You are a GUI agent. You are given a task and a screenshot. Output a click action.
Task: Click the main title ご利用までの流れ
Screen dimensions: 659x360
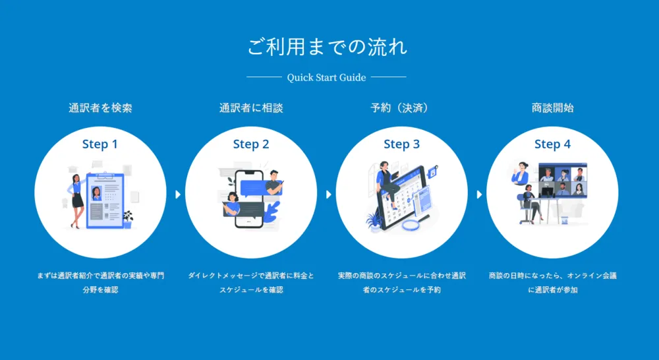point(327,47)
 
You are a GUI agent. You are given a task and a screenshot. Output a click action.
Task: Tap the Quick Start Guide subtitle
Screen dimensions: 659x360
point(327,77)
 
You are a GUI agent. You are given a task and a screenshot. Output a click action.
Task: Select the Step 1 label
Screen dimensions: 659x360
point(100,144)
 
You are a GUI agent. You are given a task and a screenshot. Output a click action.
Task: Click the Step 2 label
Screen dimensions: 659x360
point(251,144)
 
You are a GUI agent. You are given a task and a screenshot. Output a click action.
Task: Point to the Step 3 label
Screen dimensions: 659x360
point(401,144)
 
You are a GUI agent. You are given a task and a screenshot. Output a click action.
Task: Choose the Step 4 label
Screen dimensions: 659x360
point(552,144)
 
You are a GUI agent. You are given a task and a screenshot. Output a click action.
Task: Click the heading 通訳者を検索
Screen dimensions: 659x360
point(100,108)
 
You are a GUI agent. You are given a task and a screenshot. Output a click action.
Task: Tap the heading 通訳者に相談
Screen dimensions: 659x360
point(251,108)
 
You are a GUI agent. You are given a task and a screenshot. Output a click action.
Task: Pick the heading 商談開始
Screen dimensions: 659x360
point(552,108)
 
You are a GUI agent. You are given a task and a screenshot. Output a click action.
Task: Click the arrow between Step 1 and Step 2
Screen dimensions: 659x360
point(178,195)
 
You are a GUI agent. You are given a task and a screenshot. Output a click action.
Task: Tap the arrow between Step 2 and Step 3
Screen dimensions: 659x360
point(328,195)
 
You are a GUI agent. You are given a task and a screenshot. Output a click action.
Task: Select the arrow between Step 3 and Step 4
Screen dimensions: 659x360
point(479,195)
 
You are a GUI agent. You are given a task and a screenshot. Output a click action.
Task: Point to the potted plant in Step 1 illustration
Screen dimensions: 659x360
point(127,220)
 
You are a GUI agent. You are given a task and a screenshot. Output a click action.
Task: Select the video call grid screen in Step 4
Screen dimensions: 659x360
point(563,180)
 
